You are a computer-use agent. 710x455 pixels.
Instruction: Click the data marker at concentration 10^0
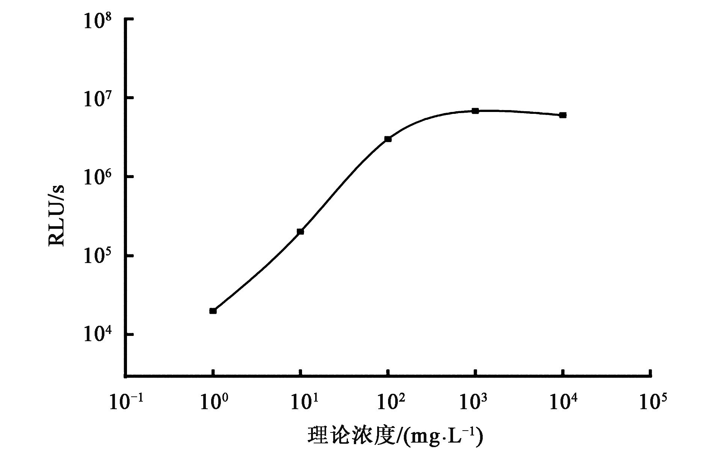(213, 311)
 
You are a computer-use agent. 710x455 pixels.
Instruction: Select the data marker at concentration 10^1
(300, 231)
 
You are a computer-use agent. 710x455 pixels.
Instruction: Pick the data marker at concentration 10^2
(388, 139)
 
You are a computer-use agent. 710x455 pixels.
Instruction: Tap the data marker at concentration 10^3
(475, 111)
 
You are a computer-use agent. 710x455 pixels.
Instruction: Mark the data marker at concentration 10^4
(563, 115)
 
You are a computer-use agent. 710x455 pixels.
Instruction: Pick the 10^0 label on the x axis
(213, 403)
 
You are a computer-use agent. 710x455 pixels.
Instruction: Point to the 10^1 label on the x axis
(301, 403)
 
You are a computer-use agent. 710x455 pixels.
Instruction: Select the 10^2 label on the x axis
(388, 403)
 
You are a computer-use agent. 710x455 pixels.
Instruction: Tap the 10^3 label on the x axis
(475, 403)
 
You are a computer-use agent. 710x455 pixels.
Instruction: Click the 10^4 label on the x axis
(563, 403)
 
